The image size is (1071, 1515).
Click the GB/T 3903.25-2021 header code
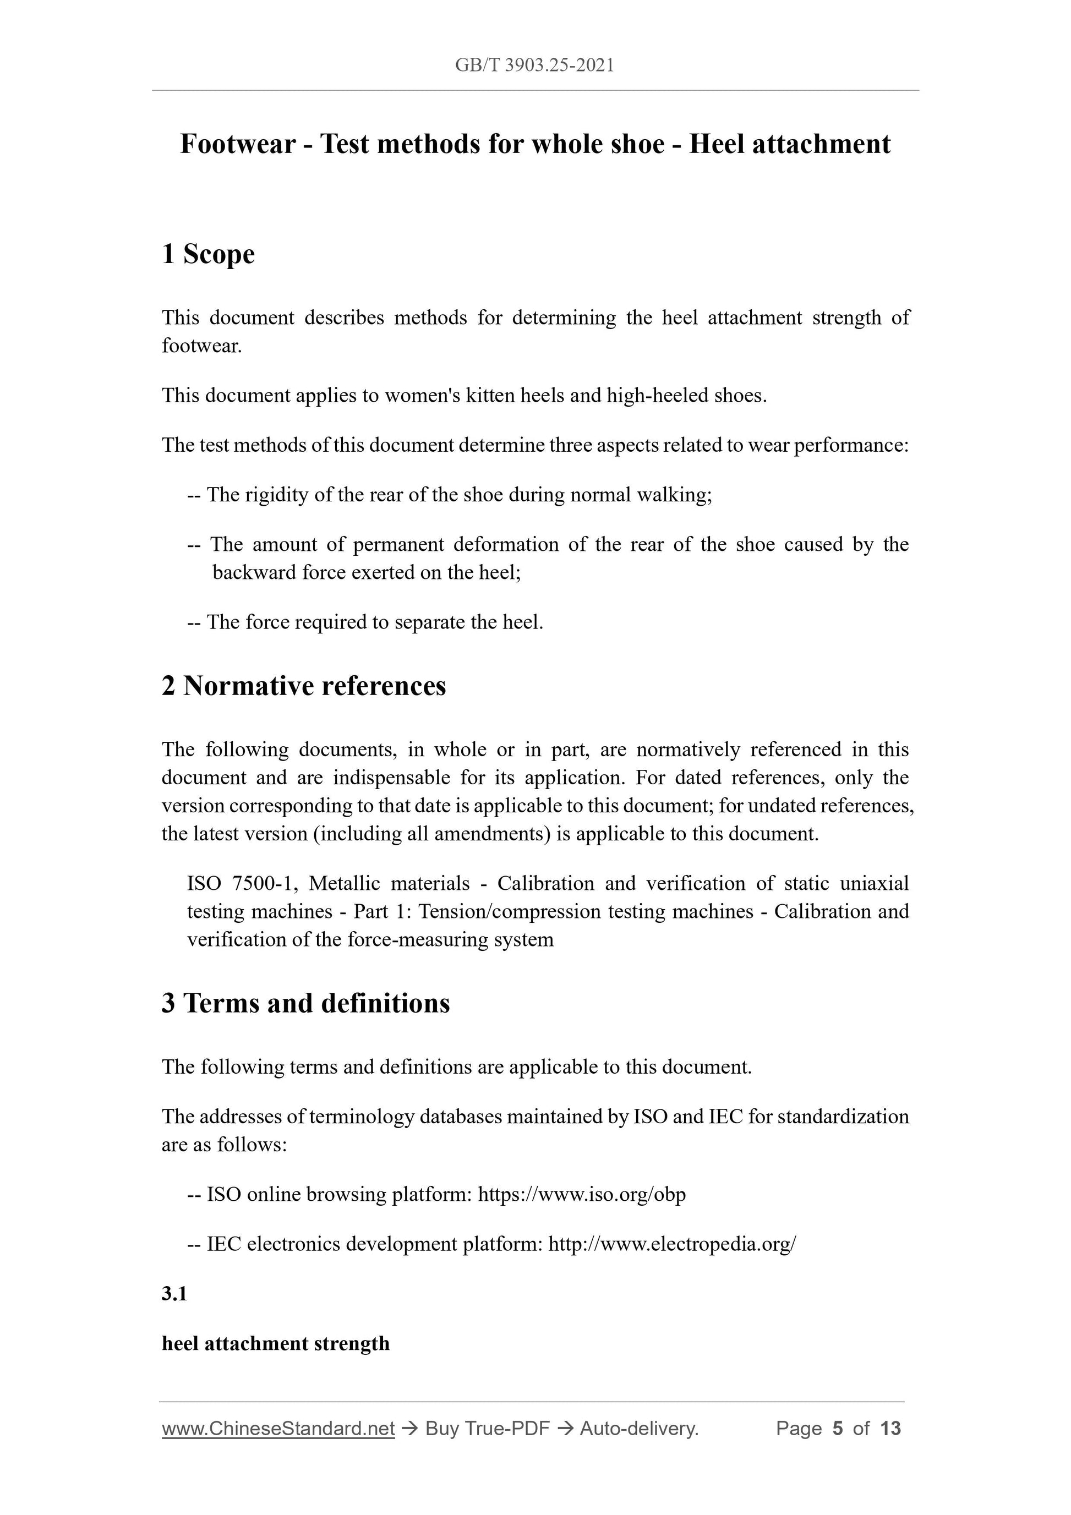pos(534,65)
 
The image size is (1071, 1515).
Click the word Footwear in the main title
pos(238,144)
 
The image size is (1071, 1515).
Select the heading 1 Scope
pos(208,254)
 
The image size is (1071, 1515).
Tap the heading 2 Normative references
pos(304,686)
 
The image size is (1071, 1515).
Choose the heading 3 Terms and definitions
pos(305,1003)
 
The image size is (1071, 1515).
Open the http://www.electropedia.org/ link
pos(672,1244)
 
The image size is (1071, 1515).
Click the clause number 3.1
pos(174,1294)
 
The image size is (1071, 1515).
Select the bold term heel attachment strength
pos(276,1343)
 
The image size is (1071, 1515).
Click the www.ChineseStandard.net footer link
pos(278,1429)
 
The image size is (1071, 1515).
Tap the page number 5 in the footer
pos(838,1429)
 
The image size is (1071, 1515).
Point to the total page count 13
pos(890,1429)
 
